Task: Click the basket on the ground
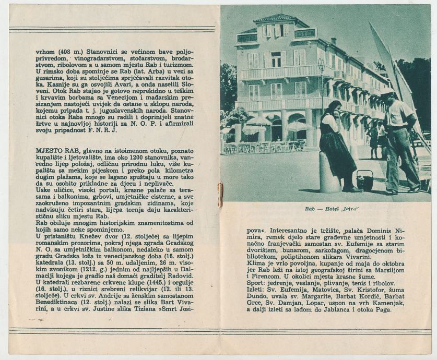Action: click(x=364, y=181)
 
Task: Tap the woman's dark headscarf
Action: click(x=334, y=107)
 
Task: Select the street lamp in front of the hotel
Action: click(x=321, y=65)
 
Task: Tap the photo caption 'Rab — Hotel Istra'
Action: click(x=326, y=209)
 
